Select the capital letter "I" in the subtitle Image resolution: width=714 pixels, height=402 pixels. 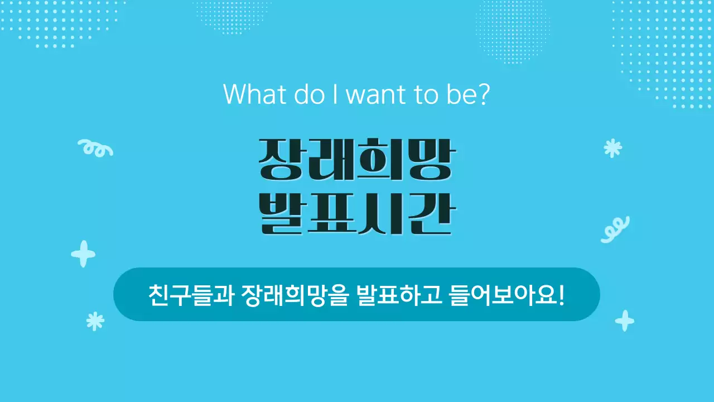[335, 94]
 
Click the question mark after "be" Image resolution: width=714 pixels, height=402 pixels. [483, 94]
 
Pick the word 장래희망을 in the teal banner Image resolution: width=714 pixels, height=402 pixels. [295, 294]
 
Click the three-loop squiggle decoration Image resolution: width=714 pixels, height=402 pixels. [95, 147]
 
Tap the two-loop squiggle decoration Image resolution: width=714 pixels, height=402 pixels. [615, 229]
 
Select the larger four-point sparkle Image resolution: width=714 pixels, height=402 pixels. [83, 254]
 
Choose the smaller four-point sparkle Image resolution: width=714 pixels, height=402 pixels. [624, 321]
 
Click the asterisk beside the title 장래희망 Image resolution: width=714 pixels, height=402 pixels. [612, 148]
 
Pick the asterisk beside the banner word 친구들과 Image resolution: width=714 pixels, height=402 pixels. [95, 321]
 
